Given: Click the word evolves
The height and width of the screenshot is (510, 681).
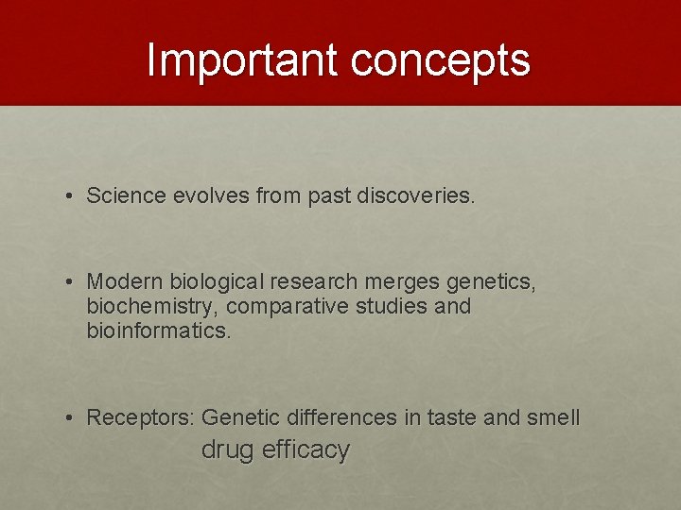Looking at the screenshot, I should tap(210, 195).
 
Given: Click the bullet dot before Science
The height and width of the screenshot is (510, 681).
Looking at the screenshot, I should tap(71, 196).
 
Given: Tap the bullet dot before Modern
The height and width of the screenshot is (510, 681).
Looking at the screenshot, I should tap(71, 282).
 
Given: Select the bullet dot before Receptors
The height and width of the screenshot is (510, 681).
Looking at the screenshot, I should tap(71, 418).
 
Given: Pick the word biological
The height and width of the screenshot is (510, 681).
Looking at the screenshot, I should tap(217, 282).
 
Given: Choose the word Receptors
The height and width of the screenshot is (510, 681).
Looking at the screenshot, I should tap(141, 417).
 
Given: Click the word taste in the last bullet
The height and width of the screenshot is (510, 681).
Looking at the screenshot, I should tap(452, 417).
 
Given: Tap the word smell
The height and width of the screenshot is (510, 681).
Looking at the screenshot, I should tap(553, 417).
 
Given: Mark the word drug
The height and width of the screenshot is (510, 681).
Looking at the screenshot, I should tap(228, 450).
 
